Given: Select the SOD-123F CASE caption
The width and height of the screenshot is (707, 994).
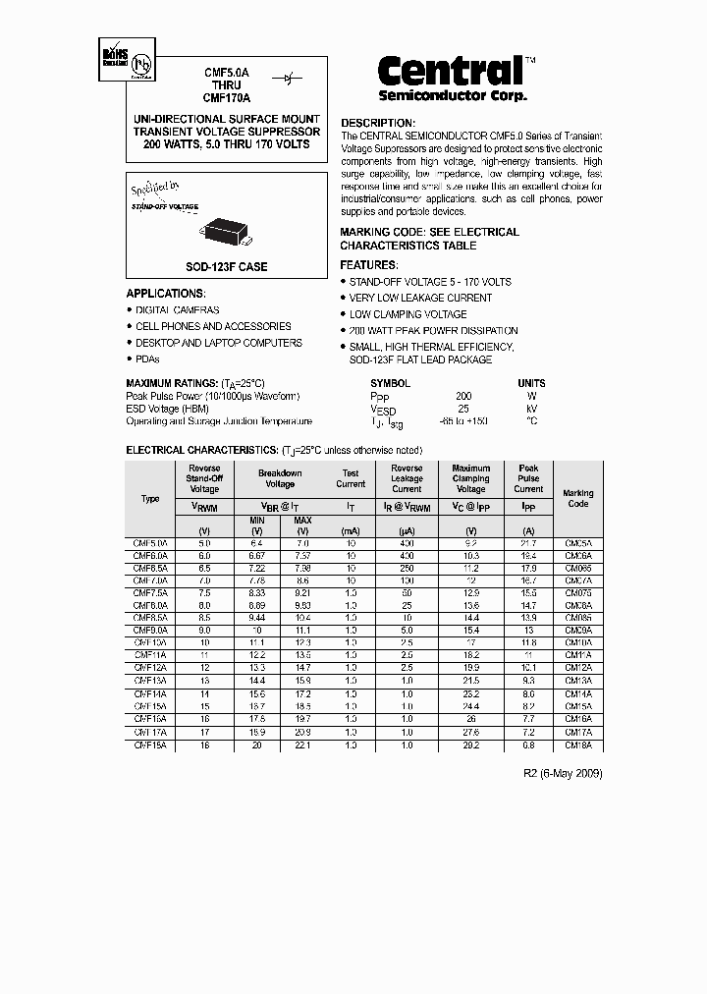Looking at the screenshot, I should click(227, 266).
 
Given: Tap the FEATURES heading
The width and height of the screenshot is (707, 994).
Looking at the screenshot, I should click(369, 265).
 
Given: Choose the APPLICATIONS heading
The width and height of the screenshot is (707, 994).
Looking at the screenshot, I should click(166, 294).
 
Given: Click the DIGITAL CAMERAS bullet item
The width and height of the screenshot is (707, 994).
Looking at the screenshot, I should click(178, 309).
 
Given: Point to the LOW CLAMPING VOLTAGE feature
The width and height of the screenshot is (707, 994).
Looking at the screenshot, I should click(408, 314).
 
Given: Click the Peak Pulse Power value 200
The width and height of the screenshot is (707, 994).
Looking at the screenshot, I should click(463, 396).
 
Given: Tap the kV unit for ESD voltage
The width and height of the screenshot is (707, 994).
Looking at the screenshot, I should click(531, 409).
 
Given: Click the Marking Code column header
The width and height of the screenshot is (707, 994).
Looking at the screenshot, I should click(577, 499).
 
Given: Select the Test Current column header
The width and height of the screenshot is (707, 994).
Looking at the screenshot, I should click(351, 478).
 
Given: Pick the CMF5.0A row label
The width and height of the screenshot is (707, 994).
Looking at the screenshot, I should click(150, 543).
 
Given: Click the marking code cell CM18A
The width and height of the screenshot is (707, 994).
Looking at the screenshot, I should click(577, 745).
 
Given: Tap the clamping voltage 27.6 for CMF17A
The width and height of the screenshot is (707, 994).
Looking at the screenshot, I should click(471, 733).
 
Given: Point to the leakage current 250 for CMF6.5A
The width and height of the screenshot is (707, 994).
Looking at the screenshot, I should click(407, 568).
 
